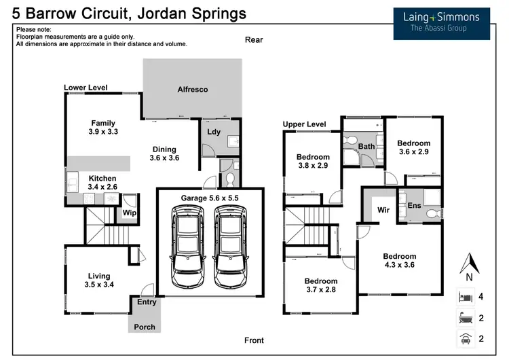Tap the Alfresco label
pyautogui.click(x=192, y=90)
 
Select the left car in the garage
pyautogui.click(x=186, y=247)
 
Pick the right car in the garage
pyautogui.click(x=230, y=247)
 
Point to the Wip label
pyautogui.click(x=128, y=213)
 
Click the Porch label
pyautogui.click(x=145, y=327)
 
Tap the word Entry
pyautogui.click(x=147, y=302)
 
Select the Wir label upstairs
pyautogui.click(x=383, y=210)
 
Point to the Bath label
pyautogui.click(x=366, y=146)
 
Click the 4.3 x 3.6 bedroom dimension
pyautogui.click(x=399, y=265)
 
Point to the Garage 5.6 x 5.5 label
pyautogui.click(x=210, y=198)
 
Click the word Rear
pyautogui.click(x=254, y=40)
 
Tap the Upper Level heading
pyautogui.click(x=304, y=124)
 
